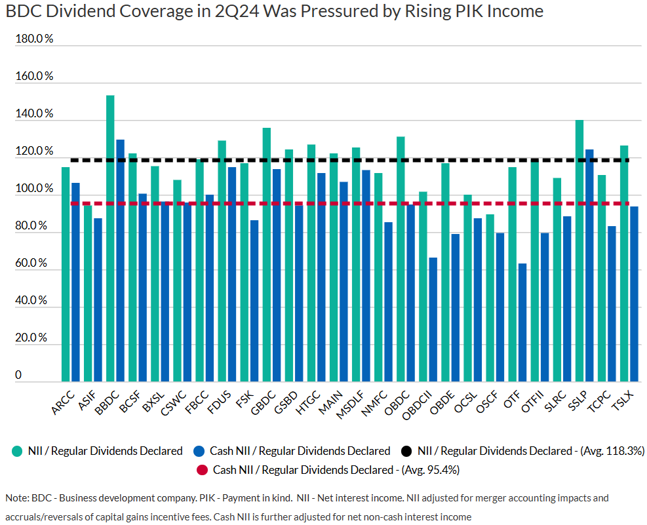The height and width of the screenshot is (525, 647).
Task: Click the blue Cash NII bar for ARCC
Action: [75, 282]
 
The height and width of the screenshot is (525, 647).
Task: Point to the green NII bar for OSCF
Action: [490, 298]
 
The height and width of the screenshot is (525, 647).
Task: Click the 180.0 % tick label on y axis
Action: [34, 39]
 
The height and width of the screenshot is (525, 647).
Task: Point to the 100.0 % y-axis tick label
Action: [34, 189]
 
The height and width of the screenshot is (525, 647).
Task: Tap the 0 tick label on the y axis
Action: [18, 375]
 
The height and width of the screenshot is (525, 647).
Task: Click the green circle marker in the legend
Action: [17, 451]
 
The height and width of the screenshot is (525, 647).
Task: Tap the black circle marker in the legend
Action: [407, 451]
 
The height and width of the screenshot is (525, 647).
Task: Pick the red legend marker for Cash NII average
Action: [203, 469]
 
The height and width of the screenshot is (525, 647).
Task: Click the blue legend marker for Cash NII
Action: [199, 451]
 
